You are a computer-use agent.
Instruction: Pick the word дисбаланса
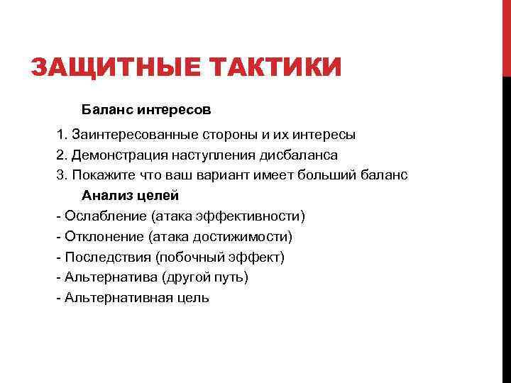click(298, 155)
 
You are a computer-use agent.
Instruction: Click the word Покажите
click(97, 175)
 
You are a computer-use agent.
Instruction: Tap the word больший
click(327, 175)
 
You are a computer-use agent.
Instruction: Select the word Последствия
click(106, 257)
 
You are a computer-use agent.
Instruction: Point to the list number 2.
click(60, 155)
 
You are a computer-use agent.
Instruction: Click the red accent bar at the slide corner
click(506, 35)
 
